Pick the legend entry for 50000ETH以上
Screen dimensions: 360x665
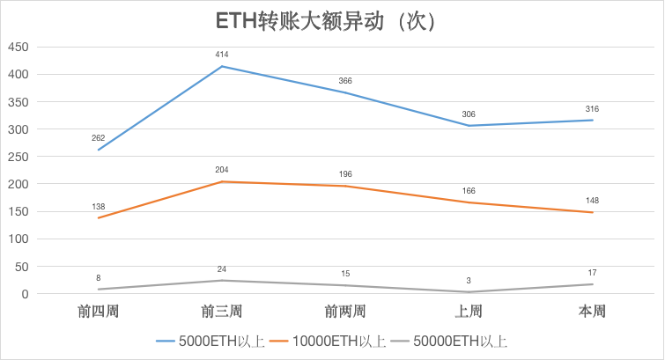click(x=448, y=340)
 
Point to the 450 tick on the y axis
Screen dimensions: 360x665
click(x=18, y=47)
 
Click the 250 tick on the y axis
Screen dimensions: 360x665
click(x=18, y=157)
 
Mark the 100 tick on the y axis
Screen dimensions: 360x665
click(x=18, y=239)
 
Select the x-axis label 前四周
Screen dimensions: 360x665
click(x=99, y=311)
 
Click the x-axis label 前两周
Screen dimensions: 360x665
click(x=345, y=311)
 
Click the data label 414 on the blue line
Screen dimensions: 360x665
click(x=222, y=55)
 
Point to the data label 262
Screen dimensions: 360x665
click(x=99, y=138)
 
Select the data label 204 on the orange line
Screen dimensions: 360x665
click(x=222, y=170)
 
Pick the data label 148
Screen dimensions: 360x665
click(x=592, y=201)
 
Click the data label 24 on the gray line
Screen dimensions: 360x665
click(x=222, y=269)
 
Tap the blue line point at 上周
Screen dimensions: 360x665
click(x=469, y=126)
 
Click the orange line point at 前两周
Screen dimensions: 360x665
click(x=345, y=186)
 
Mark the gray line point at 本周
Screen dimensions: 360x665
click(x=592, y=284)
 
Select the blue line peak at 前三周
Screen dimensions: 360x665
click(x=222, y=66)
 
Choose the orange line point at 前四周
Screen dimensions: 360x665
click(x=99, y=217)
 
